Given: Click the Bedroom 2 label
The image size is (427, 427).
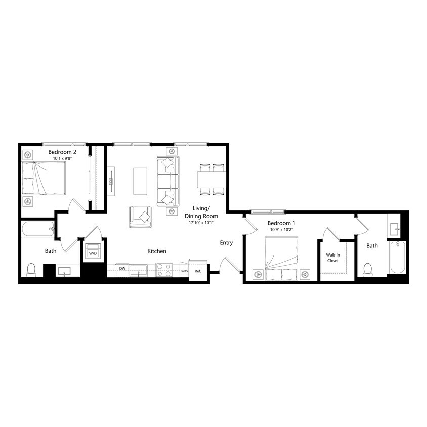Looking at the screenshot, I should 62,152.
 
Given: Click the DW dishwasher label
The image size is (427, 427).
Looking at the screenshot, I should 122,269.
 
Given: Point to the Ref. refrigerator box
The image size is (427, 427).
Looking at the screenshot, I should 198,271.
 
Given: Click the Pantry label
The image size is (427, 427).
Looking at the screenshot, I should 184,271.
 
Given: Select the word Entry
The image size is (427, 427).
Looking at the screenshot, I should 226,243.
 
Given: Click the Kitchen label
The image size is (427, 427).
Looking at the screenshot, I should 157,251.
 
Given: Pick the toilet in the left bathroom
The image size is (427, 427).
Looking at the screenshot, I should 31,269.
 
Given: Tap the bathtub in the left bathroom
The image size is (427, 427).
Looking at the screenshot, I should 38,229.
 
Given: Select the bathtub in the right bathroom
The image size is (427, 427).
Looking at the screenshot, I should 398,257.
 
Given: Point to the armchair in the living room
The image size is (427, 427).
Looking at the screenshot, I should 140,216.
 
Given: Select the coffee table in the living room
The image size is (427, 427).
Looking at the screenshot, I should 141,181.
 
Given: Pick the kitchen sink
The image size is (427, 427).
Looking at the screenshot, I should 138,270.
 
